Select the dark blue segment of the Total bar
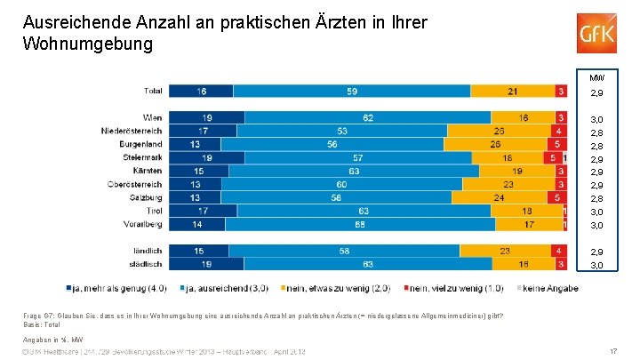pos(201,91)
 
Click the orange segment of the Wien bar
pos(524,117)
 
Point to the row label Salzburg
pos(145,197)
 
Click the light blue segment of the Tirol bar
pos(364,211)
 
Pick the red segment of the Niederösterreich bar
pos(559,131)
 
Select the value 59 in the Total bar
pos(353,91)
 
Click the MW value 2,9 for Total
pos(597,92)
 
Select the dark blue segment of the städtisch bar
pos(205,264)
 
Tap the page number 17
pos(614,351)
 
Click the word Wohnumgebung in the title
pos(88,42)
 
